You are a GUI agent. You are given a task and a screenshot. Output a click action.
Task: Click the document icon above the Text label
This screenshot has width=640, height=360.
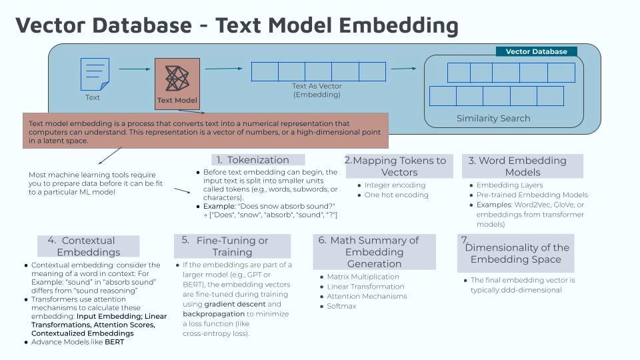[x=95, y=74]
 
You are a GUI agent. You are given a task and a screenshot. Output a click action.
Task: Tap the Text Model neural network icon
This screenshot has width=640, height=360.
[x=177, y=79]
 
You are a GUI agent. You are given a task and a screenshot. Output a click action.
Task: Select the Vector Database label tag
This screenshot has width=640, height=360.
[x=536, y=51]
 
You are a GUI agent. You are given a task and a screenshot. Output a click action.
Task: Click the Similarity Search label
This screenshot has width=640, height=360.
[x=493, y=118]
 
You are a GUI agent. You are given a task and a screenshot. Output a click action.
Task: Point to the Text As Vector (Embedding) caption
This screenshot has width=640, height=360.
[x=317, y=90]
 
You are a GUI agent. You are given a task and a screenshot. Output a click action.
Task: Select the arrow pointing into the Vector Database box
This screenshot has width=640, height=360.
[x=403, y=68]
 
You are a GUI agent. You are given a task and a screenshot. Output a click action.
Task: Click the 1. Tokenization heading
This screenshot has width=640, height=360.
[x=258, y=160]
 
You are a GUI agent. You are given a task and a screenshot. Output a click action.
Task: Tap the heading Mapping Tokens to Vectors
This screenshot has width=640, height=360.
[x=399, y=166]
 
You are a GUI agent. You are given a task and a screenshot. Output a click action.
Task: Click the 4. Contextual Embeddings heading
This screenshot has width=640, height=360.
[x=89, y=246]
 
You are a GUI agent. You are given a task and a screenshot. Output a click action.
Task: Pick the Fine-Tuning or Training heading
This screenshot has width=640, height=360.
[x=232, y=246]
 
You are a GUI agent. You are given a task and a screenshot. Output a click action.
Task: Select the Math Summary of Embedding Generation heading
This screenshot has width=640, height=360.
[x=374, y=251]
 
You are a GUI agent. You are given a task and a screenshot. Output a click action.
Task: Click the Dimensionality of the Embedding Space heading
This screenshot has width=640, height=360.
[x=517, y=253]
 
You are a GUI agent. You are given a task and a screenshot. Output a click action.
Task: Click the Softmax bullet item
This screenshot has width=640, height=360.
[x=341, y=306]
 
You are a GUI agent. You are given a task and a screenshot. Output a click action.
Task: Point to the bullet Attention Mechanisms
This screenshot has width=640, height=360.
[x=367, y=296]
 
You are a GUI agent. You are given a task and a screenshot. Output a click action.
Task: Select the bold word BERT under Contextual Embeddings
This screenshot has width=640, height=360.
[x=114, y=342]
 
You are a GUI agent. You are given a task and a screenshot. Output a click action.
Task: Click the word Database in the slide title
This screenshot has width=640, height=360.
[x=137, y=25]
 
